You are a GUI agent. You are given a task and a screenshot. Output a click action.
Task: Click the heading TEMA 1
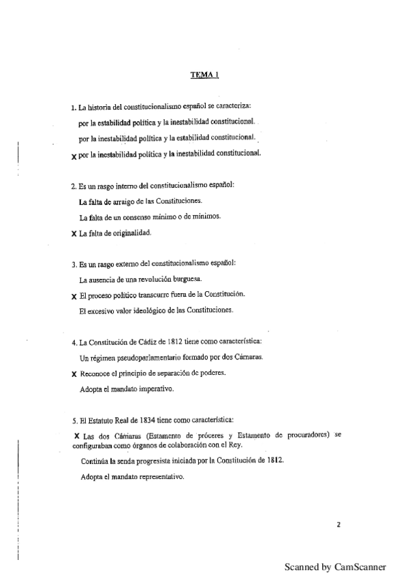click(x=204, y=77)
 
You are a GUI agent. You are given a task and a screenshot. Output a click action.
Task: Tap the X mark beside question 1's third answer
click(x=74, y=155)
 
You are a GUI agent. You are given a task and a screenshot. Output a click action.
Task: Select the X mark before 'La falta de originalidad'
click(x=74, y=233)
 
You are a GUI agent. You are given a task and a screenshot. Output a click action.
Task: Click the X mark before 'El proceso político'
click(x=74, y=297)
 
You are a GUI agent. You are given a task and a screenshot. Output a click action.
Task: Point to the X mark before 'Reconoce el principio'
click(x=74, y=374)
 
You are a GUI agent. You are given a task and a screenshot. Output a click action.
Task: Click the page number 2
click(x=339, y=525)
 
